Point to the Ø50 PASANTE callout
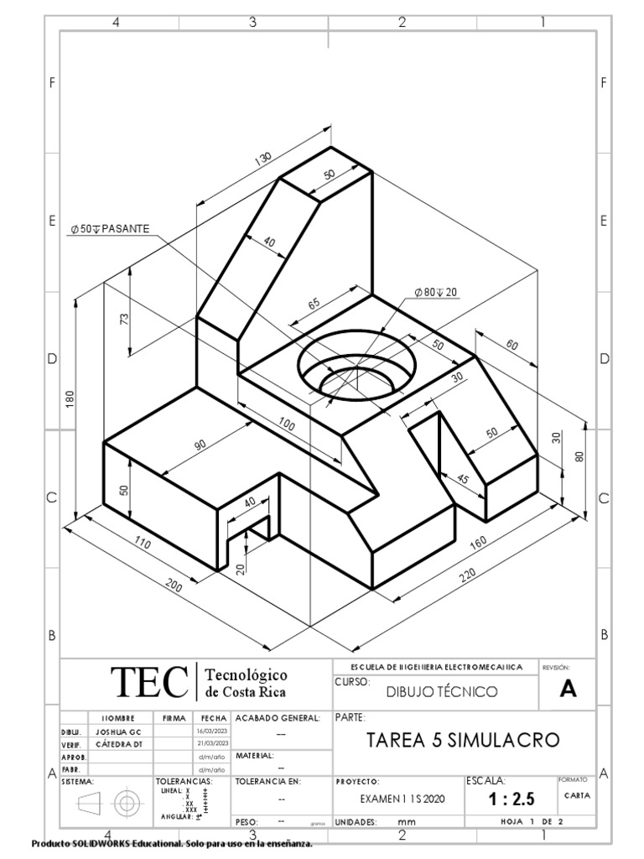[x=111, y=228]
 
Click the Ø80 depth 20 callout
[x=437, y=292]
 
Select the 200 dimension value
[x=174, y=588]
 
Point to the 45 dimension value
[x=463, y=480]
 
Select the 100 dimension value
[x=287, y=424]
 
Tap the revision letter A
[x=569, y=690]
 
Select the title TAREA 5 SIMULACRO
[x=463, y=741]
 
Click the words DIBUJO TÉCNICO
[x=441, y=692]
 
